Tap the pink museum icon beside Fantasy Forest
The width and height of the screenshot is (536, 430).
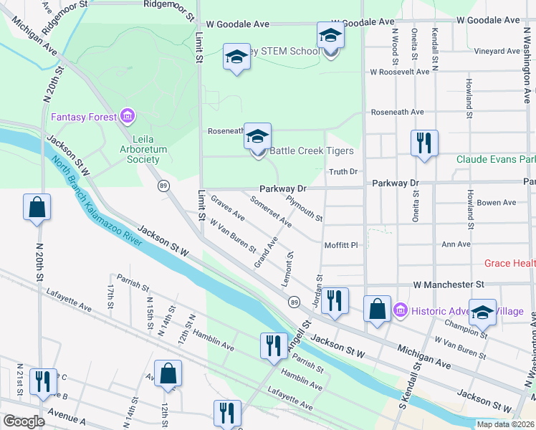pos(128,115)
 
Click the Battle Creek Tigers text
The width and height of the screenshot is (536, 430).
pos(311,151)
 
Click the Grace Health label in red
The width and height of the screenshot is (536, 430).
pos(510,263)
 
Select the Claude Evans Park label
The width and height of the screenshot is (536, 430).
pos(497,158)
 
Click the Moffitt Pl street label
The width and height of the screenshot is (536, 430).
pos(340,245)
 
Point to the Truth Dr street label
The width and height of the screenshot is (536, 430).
pos(343,172)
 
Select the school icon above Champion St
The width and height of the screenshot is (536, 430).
pos(482,311)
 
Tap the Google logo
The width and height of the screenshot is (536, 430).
pos(24,421)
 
